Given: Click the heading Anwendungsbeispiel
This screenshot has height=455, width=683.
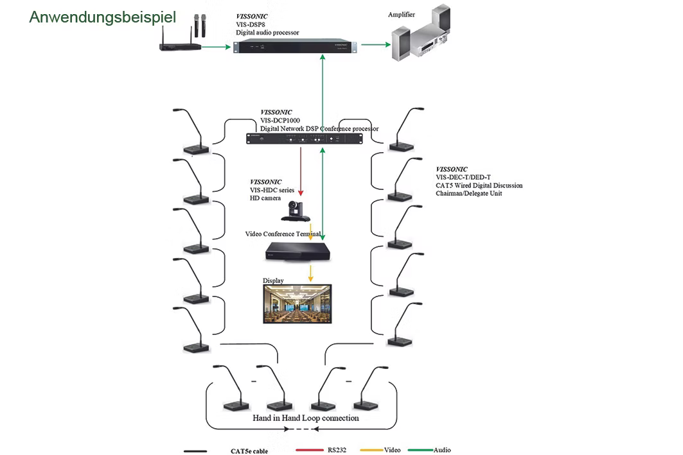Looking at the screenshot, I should pyautogui.click(x=102, y=17).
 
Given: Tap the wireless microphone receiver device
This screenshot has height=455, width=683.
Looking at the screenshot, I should pyautogui.click(x=181, y=46).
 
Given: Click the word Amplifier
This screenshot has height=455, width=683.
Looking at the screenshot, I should pyautogui.click(x=402, y=14).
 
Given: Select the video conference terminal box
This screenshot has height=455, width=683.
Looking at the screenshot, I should pyautogui.click(x=301, y=250).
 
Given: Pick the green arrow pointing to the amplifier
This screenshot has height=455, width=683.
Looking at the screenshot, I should pyautogui.click(x=375, y=45).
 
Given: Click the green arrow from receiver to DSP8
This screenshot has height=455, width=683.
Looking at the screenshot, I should pyautogui.click(x=217, y=46).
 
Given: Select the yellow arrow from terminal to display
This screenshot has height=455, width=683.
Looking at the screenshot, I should pyautogui.click(x=310, y=272).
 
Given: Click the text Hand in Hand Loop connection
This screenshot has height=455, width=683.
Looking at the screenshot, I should pyautogui.click(x=306, y=418).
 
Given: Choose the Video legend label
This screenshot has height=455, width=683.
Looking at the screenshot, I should pyautogui.click(x=393, y=451).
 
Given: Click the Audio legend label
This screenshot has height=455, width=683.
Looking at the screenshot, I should pyautogui.click(x=442, y=451).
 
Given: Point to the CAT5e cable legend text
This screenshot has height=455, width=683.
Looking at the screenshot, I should pyautogui.click(x=249, y=451).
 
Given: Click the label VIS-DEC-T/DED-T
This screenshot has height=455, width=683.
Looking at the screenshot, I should pyautogui.click(x=463, y=178).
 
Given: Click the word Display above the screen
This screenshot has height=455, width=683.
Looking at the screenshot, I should pyautogui.click(x=273, y=281).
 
